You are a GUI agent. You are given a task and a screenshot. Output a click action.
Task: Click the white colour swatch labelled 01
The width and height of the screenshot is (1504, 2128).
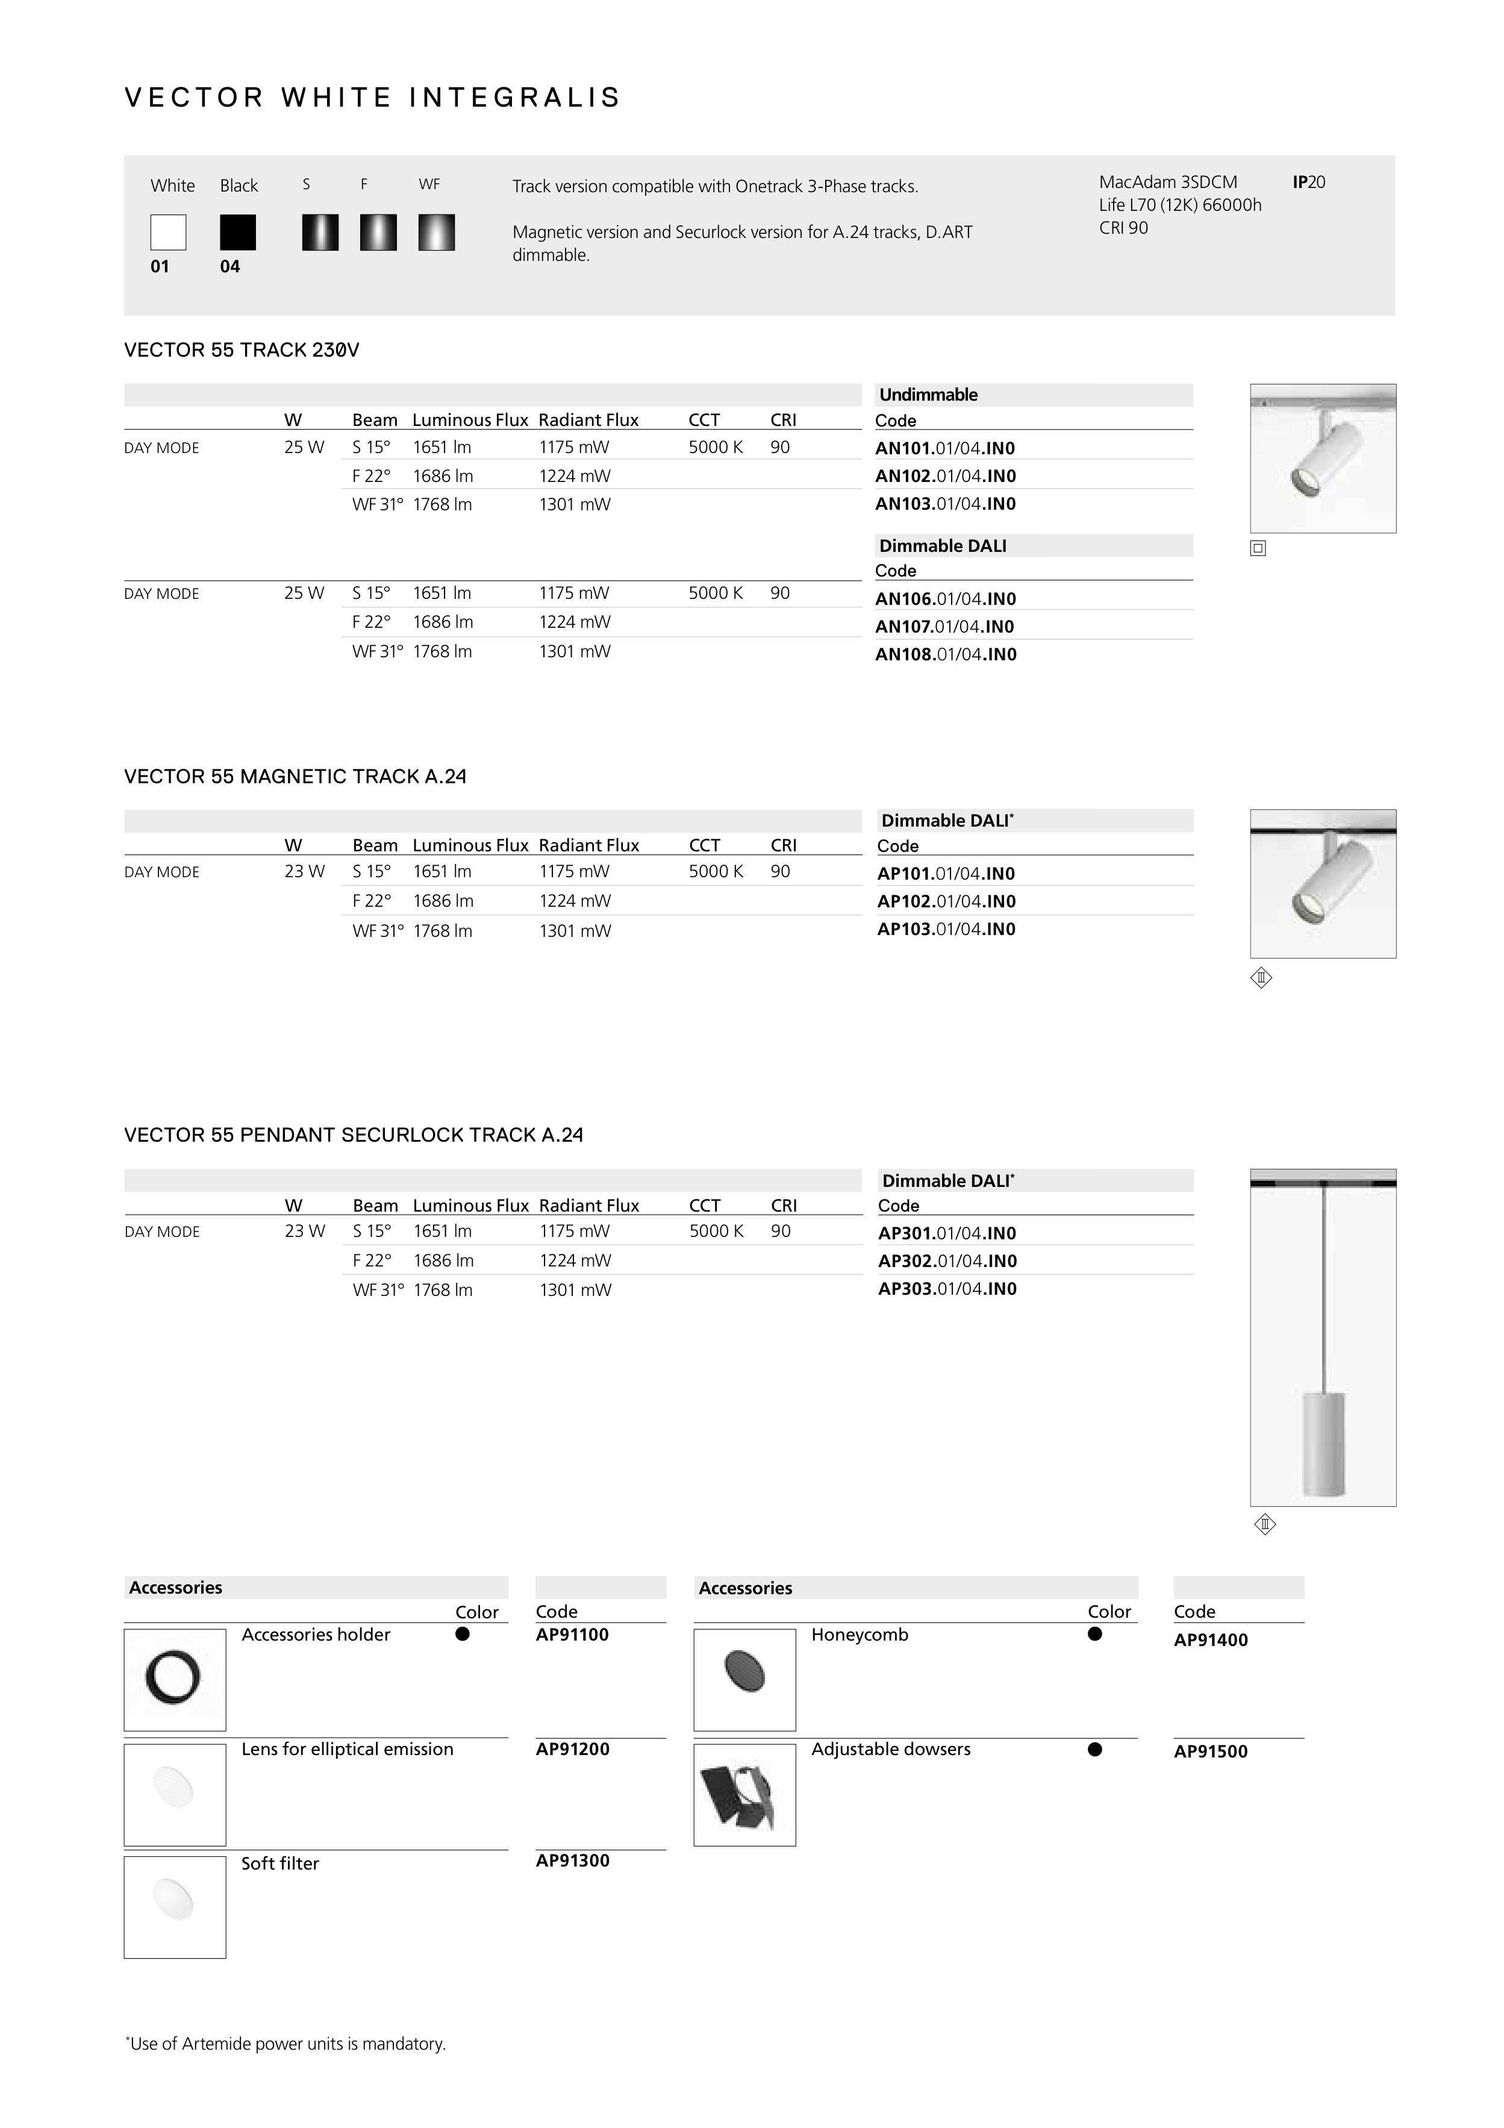pyautogui.click(x=167, y=232)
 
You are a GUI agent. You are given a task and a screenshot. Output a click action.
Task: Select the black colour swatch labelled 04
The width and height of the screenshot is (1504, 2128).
pyautogui.click(x=237, y=232)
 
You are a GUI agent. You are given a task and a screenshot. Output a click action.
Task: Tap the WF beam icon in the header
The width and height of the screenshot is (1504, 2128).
pyautogui.click(x=437, y=232)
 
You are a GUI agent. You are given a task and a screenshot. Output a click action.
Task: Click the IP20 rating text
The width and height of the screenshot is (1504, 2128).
pyautogui.click(x=1308, y=183)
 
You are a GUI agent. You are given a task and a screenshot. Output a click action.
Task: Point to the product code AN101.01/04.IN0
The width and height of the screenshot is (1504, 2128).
pyautogui.click(x=945, y=449)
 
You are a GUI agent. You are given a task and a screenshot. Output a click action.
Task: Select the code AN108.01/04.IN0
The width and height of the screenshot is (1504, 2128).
pyautogui.click(x=945, y=654)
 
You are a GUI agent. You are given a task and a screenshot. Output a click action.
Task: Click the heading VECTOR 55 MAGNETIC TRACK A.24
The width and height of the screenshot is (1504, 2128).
pyautogui.click(x=295, y=777)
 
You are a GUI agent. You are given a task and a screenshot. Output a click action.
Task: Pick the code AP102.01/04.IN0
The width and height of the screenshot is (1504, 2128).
pyautogui.click(x=946, y=901)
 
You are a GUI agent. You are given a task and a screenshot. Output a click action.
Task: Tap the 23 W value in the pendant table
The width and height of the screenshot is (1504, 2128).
pyautogui.click(x=305, y=1231)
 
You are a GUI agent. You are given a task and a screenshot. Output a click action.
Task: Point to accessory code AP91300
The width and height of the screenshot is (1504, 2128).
pyautogui.click(x=573, y=1860)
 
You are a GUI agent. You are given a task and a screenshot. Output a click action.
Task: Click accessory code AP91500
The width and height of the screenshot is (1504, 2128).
pyautogui.click(x=1210, y=1751)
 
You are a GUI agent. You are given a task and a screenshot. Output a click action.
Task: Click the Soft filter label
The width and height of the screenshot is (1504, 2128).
pyautogui.click(x=280, y=1863)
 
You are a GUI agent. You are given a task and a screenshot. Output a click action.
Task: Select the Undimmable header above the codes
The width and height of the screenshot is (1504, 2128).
pyautogui.click(x=929, y=395)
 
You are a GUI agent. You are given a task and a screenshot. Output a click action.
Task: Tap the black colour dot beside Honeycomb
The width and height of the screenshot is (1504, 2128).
pyautogui.click(x=1094, y=1634)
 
